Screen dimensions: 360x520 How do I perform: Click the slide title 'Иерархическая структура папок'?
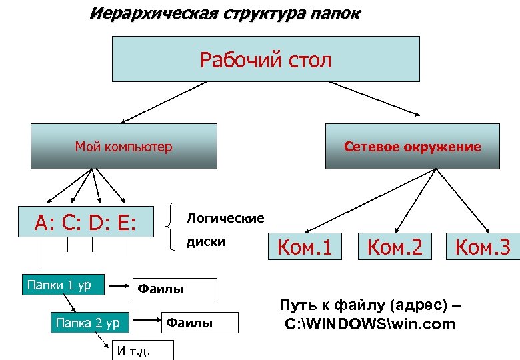tap(225, 14)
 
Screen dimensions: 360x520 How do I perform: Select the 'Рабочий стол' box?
tap(265, 59)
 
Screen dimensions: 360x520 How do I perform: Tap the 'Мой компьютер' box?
tap(123, 146)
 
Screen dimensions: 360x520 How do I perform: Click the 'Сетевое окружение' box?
tap(412, 146)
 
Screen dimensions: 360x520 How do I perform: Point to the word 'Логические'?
tap(225, 218)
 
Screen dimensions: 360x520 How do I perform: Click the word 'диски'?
tap(206, 241)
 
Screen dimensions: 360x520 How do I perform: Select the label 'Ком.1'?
tap(304, 247)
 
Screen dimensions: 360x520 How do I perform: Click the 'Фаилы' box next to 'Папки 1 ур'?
tap(176, 289)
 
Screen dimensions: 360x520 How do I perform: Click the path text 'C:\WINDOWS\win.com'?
tap(370, 325)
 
